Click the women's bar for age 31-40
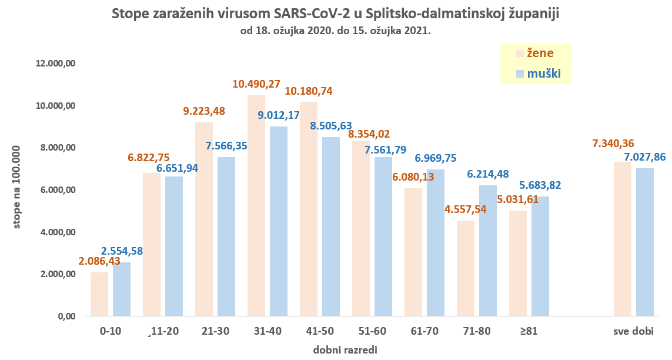(256, 206)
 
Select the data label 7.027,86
(645, 157)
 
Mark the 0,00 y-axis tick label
(66, 316)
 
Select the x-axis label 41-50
(320, 331)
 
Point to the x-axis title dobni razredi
(345, 349)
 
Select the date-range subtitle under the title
(336, 31)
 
